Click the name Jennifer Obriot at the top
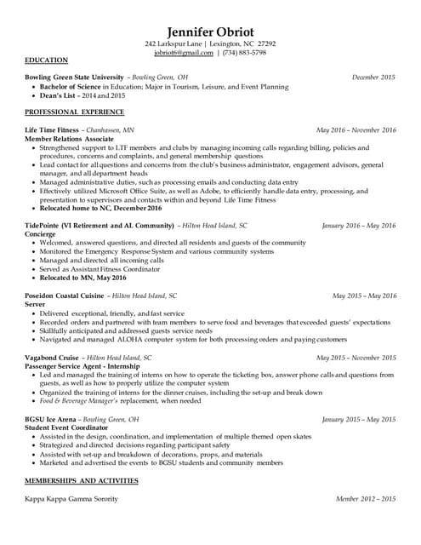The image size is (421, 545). tap(210, 32)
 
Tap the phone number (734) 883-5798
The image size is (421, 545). tap(244, 53)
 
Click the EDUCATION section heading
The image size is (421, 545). tap(48, 61)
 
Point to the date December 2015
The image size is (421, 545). tap(374, 77)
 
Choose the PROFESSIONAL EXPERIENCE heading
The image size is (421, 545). tap(74, 112)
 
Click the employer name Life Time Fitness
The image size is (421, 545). tap(51, 130)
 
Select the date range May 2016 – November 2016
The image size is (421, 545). tap(356, 130)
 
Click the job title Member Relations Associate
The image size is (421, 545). tap(70, 139)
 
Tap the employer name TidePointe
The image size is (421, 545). tap(46, 226)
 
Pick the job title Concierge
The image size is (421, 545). tap(40, 234)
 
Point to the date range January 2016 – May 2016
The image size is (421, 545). tap(359, 226)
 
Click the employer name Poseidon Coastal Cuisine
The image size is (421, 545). tap(65, 295)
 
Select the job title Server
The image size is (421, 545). tap(35, 304)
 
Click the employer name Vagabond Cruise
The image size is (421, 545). tap(53, 358)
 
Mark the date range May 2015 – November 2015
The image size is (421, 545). tap(356, 358)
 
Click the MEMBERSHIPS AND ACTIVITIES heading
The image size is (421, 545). tap(82, 481)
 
